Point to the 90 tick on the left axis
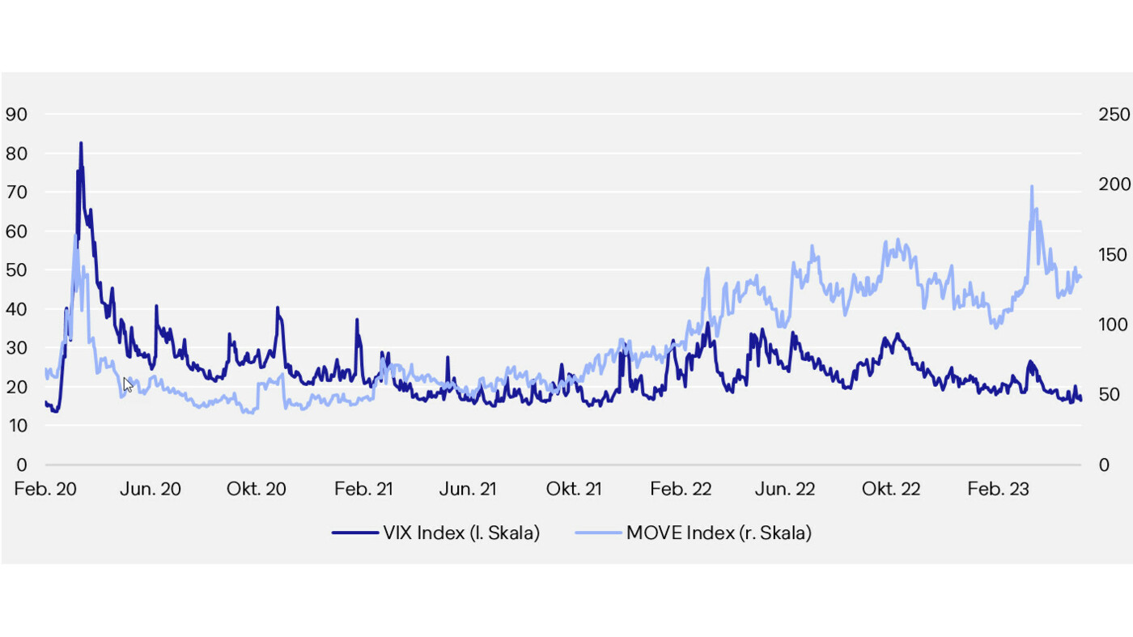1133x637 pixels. [16, 114]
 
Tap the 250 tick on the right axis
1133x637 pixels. [1114, 114]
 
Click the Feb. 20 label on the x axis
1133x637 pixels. [45, 490]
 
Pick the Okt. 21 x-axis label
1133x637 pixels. [574, 490]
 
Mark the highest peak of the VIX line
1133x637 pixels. [81, 143]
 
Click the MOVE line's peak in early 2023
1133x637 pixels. [1032, 187]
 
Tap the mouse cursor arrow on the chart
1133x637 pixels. [128, 384]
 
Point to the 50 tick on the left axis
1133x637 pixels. [16, 270]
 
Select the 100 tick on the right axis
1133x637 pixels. [1114, 325]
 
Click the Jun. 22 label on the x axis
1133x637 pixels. [785, 490]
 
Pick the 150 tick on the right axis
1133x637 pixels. [1114, 255]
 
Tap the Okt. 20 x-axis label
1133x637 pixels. [257, 490]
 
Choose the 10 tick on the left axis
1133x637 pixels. [16, 426]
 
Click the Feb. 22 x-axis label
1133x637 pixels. [681, 490]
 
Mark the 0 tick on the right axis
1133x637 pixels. [1104, 465]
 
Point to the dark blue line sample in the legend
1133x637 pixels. [354, 533]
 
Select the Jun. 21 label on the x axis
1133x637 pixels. [468, 490]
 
